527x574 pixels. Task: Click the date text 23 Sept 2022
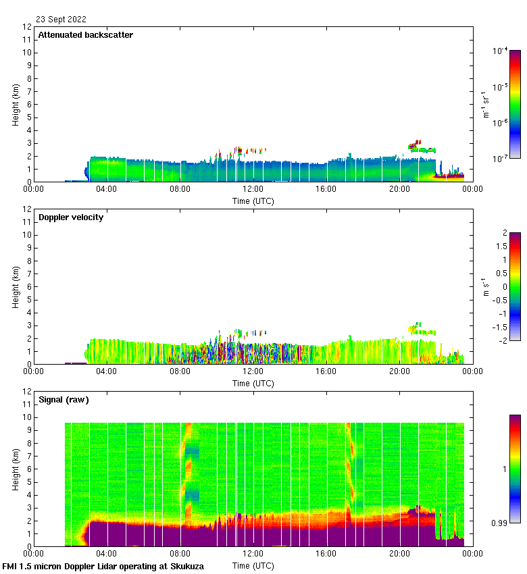pyautogui.click(x=61, y=20)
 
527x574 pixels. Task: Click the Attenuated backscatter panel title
pyautogui.click(x=85, y=34)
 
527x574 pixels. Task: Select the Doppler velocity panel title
pyautogui.click(x=70, y=217)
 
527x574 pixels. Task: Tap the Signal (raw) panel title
pyautogui.click(x=64, y=399)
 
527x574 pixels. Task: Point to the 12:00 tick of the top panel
pyautogui.click(x=253, y=189)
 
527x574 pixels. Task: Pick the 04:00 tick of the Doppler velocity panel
pyautogui.click(x=107, y=371)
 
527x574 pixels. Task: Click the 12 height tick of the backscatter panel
pyautogui.click(x=27, y=27)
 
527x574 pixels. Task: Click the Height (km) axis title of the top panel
pyautogui.click(x=16, y=105)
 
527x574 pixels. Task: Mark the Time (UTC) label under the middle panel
pyautogui.click(x=253, y=383)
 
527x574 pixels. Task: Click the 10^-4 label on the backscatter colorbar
pyautogui.click(x=501, y=51)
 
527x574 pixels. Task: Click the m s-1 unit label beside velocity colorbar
pyautogui.click(x=485, y=286)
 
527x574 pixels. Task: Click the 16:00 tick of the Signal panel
pyautogui.click(x=326, y=554)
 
